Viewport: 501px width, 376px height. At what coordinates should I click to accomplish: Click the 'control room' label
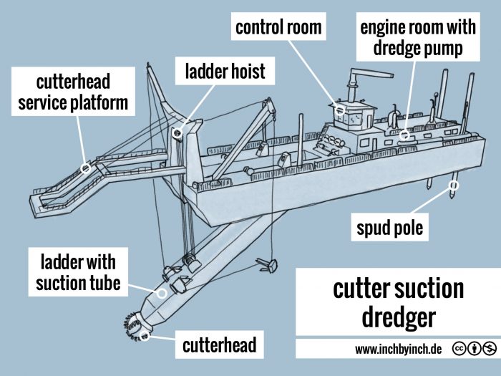pos(278,29)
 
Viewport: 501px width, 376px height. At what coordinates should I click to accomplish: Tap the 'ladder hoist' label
pos(225,72)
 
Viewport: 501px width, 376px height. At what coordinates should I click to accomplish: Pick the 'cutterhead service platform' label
pos(73,91)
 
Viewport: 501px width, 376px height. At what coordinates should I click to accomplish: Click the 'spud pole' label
pos(390,229)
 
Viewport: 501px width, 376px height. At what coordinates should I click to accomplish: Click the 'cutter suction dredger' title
pos(398,302)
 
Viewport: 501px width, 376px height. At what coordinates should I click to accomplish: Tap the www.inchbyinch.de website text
pos(398,349)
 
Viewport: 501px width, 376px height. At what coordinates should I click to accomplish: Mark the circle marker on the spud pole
pos(452,185)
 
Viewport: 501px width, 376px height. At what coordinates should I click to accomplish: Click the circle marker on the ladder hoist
pos(177,132)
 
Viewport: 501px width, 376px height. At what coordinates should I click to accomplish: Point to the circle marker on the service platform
pos(86,169)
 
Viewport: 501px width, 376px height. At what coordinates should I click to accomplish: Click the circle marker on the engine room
pos(404,135)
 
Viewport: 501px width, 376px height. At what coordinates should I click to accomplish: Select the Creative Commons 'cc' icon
pos(457,349)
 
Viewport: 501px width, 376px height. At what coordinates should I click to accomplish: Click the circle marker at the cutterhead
pos(145,337)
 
